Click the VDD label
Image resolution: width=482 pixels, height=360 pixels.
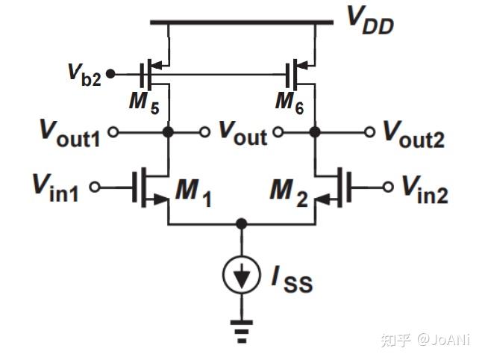pos(369,20)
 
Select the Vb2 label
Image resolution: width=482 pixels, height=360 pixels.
pos(84,75)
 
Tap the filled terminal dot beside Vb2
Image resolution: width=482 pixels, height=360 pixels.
pos(111,73)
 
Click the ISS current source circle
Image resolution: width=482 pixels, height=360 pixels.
pos(241,276)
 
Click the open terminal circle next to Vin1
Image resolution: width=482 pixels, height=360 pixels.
pos(95,187)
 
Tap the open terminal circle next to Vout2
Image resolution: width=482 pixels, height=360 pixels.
pos(369,132)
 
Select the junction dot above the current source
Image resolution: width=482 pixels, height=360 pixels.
pos(241,223)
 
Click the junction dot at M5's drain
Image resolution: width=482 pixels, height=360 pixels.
pos(169,132)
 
